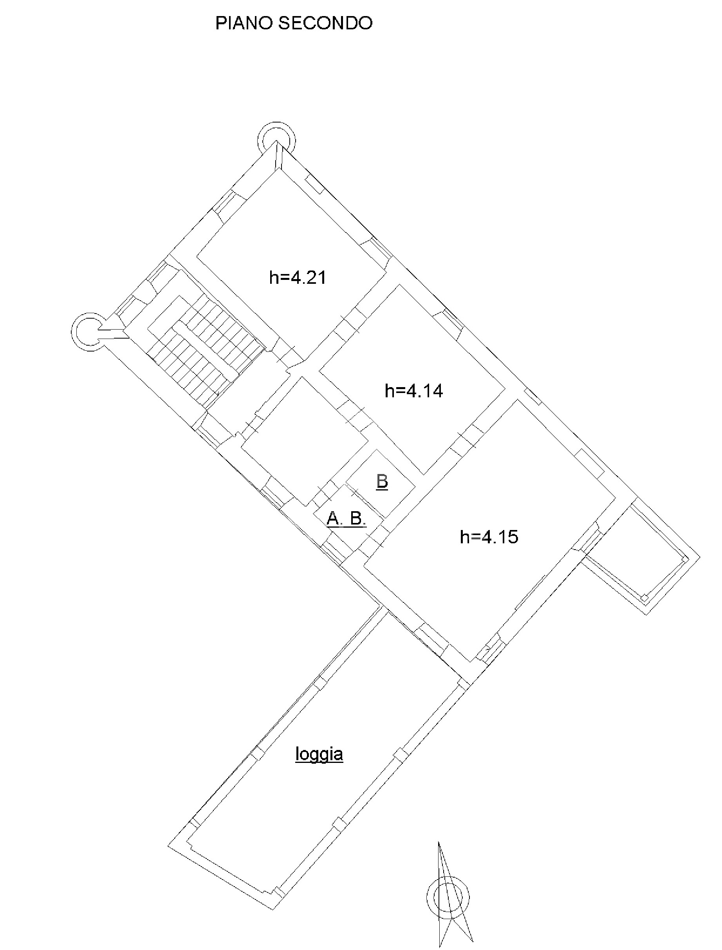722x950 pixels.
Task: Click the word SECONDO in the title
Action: coord(325,23)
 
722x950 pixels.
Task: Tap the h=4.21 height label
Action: coord(298,278)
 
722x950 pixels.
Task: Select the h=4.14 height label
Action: coord(414,391)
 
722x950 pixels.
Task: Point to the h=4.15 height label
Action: coord(489,537)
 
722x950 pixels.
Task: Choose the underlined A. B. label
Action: coord(347,519)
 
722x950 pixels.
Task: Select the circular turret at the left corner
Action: coord(89,332)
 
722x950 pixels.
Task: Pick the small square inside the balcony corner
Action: coord(644,598)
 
